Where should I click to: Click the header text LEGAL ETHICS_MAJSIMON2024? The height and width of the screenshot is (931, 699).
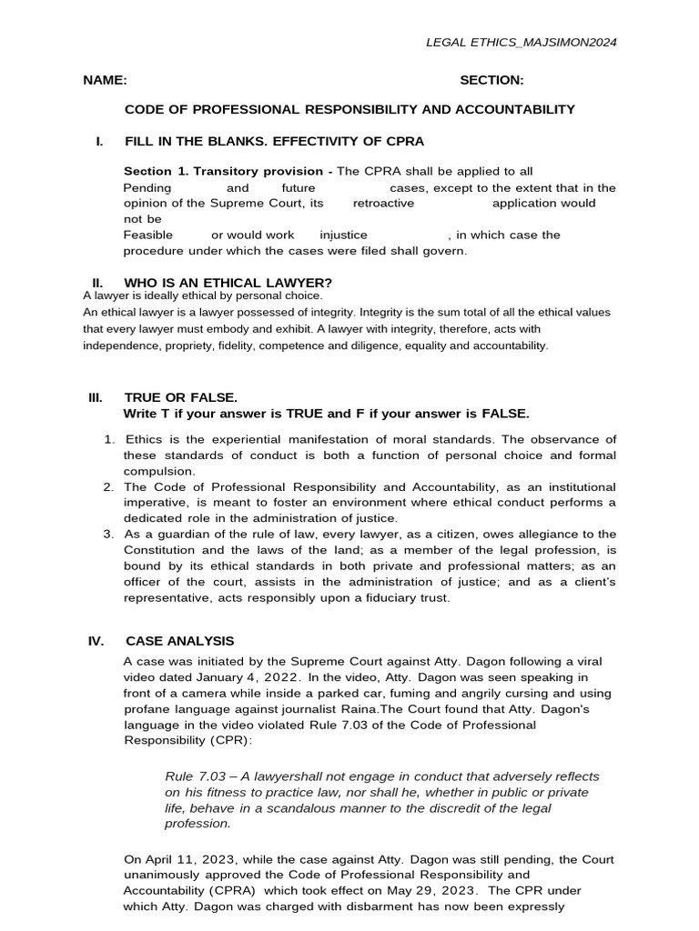click(x=527, y=42)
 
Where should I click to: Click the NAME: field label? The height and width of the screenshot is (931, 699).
click(x=105, y=80)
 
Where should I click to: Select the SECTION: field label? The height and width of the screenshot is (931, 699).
click(x=491, y=80)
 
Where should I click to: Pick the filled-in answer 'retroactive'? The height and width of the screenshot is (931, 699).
click(x=383, y=203)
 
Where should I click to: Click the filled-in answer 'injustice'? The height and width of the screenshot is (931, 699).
click(x=344, y=235)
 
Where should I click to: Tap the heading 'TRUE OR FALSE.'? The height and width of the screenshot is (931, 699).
click(x=180, y=398)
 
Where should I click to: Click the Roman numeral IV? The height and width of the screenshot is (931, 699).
click(x=96, y=641)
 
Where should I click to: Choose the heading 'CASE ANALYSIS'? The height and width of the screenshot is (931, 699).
click(x=179, y=641)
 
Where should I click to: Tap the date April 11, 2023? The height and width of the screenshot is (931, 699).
click(x=179, y=858)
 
